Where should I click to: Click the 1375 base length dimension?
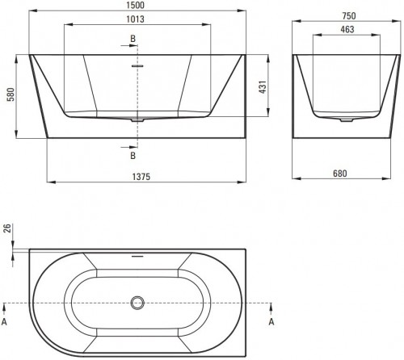[x=142, y=176]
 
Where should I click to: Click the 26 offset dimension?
[x=7, y=231]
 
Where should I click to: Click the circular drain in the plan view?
[x=137, y=304]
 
